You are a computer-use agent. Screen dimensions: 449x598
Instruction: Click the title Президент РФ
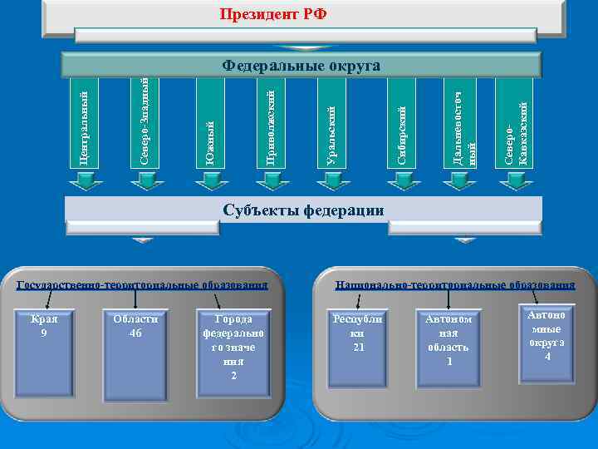coord(272,14)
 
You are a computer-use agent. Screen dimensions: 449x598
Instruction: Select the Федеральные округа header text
coord(301,66)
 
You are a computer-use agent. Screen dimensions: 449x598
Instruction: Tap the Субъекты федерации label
coord(303,210)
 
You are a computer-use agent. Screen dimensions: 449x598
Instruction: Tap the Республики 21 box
coord(359,349)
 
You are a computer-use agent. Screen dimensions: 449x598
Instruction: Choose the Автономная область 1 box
coord(448,349)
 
